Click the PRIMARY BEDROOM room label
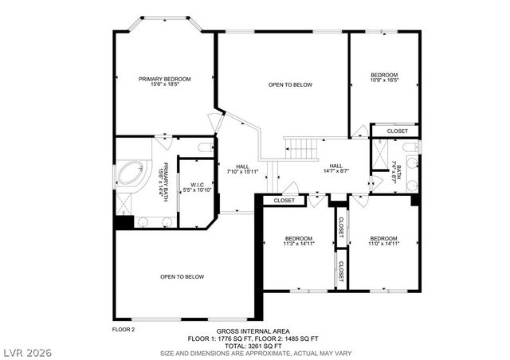point(165,81)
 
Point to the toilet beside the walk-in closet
point(205,147)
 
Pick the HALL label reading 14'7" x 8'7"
point(335,168)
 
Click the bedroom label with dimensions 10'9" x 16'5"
point(384,78)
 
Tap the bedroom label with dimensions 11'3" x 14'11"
point(299,241)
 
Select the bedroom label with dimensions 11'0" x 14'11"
point(383,241)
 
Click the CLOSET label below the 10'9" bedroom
point(397,131)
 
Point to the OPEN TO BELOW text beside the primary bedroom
point(290,84)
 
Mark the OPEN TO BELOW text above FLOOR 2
point(182,277)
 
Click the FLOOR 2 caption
point(123,328)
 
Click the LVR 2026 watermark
point(27,350)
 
